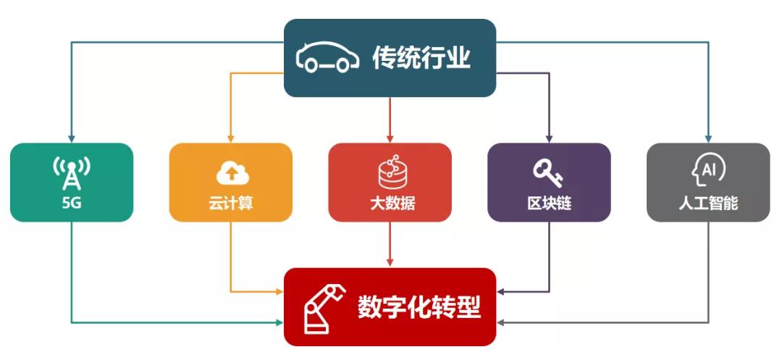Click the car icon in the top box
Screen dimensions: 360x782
tap(327, 56)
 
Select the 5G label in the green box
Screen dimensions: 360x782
tap(72, 204)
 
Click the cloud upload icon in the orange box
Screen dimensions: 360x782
tap(231, 174)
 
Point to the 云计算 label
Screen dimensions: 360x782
tap(231, 204)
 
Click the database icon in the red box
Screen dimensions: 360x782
tap(390, 172)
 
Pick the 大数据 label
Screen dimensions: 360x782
tap(390, 204)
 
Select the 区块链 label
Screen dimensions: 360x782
tap(550, 204)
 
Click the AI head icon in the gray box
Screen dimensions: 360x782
tap(708, 171)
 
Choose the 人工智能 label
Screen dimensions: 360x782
tap(708, 204)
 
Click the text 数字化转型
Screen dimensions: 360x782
tap(419, 308)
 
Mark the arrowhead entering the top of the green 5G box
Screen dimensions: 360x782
tap(72, 138)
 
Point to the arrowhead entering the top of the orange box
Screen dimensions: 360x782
tap(231, 138)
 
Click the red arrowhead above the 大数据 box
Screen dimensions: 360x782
tap(390, 138)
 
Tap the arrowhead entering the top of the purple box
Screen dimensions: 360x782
tap(550, 138)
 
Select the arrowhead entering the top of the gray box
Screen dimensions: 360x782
tap(708, 138)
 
